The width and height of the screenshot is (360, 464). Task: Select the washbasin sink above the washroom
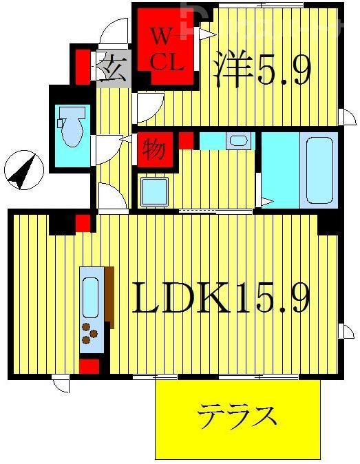tap(239, 141)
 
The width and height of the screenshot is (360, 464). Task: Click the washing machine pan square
tap(154, 191)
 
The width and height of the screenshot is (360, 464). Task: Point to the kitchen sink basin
tap(90, 297)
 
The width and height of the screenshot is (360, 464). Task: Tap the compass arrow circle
tap(23, 169)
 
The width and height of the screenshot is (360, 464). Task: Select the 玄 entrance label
tap(111, 71)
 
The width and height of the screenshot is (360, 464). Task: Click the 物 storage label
tap(153, 149)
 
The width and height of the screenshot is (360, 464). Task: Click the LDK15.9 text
tap(220, 298)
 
